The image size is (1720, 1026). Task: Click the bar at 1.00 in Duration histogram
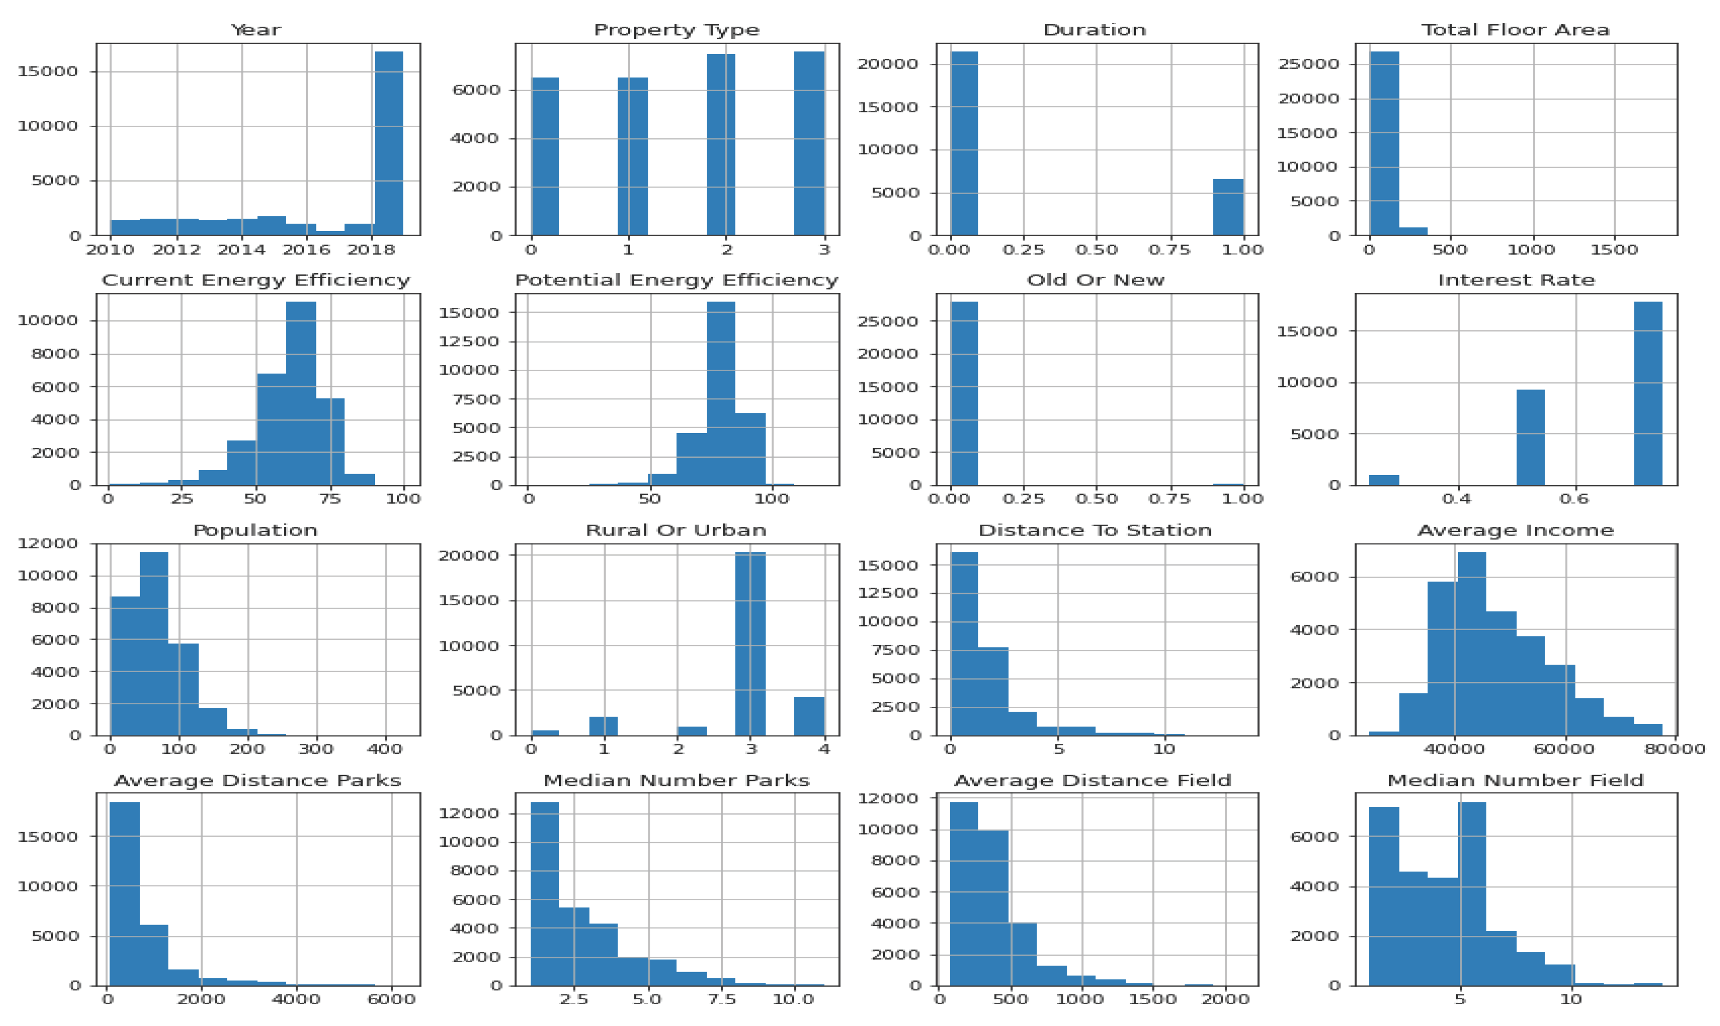(1228, 207)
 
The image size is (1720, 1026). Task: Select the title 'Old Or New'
(1095, 280)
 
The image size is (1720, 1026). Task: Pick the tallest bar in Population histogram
(154, 643)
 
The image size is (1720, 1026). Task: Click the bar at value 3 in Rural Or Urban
(750, 643)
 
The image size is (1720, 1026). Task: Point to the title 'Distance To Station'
(1095, 530)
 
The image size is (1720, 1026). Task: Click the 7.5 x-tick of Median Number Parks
(722, 1000)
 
